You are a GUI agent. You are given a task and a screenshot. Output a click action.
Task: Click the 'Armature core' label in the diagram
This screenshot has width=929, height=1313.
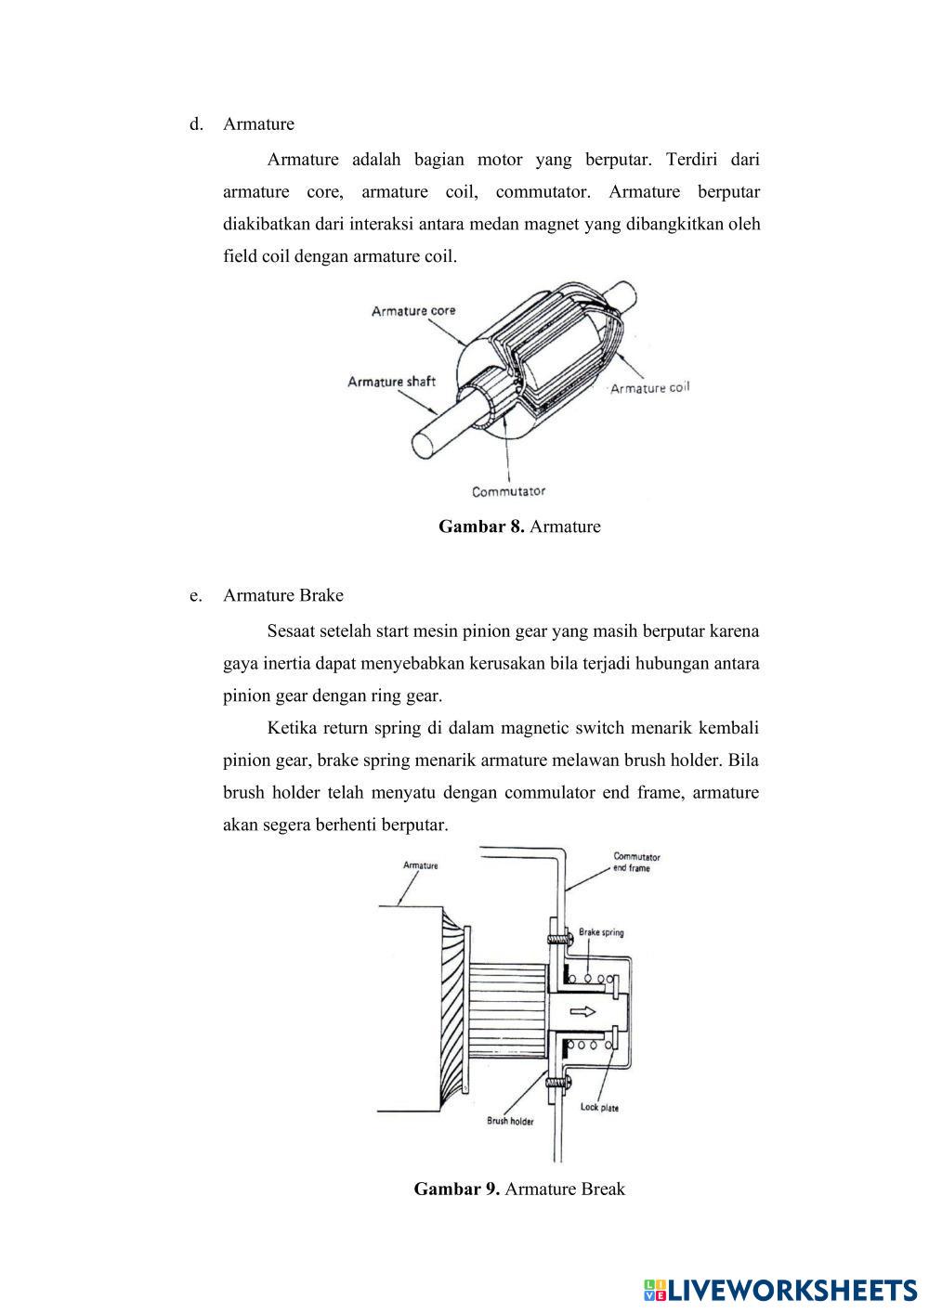pyautogui.click(x=413, y=310)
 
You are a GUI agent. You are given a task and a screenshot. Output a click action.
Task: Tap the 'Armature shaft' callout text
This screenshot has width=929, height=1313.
pyautogui.click(x=391, y=381)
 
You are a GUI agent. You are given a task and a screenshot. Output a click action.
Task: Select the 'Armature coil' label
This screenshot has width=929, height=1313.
pyautogui.click(x=649, y=387)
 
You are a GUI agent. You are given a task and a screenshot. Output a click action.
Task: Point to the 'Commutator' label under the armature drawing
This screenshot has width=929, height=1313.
pyautogui.click(x=508, y=491)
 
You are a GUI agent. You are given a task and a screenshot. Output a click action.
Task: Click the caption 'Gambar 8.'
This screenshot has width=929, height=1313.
pyautogui.click(x=481, y=526)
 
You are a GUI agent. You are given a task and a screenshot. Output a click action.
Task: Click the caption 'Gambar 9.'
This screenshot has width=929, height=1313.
pyautogui.click(x=457, y=1189)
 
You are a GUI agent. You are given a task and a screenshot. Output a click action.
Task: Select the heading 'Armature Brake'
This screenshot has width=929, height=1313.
pyautogui.click(x=283, y=595)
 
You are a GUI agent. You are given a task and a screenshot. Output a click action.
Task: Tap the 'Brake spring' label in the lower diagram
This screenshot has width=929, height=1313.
pyautogui.click(x=601, y=931)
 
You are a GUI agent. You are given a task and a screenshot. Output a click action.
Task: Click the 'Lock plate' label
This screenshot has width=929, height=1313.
pyautogui.click(x=599, y=1107)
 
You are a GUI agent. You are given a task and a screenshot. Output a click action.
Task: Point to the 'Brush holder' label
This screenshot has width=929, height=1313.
pyautogui.click(x=510, y=1121)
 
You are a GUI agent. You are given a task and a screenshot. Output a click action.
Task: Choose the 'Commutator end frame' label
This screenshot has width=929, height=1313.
pyautogui.click(x=636, y=863)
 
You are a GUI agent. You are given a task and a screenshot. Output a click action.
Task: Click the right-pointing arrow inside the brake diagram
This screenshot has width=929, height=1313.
pyautogui.click(x=583, y=1011)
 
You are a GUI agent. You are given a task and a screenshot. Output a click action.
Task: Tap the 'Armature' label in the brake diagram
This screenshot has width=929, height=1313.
pyautogui.click(x=420, y=865)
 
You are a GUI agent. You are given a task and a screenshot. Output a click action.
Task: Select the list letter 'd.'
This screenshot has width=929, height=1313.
pyautogui.click(x=196, y=124)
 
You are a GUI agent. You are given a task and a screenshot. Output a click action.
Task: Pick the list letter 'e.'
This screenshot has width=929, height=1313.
pyautogui.click(x=195, y=595)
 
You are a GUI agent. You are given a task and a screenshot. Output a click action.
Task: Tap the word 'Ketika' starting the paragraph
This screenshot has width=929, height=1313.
pyautogui.click(x=292, y=727)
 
